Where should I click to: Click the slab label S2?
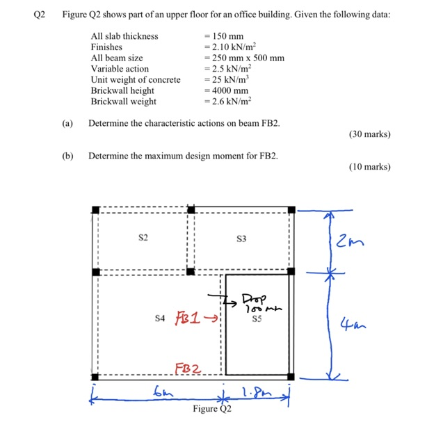coord(143,238)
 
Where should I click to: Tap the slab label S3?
coord(241,238)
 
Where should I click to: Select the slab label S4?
coord(159,318)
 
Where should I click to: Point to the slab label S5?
coord(256,321)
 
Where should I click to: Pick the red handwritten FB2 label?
coord(188,369)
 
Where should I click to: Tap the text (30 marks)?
coord(369,134)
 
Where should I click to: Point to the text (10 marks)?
coord(369,167)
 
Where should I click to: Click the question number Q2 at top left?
coord(40,15)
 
